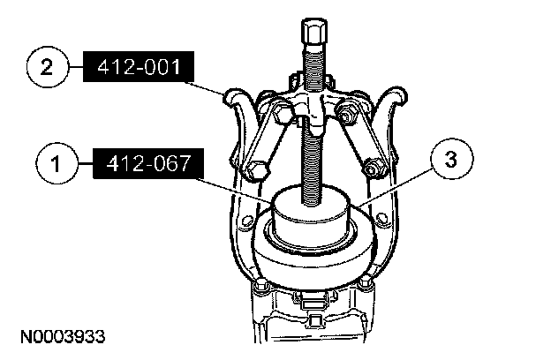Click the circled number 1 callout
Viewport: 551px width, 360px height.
tap(57, 163)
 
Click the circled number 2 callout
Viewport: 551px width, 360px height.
tap(47, 67)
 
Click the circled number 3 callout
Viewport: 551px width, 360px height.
tap(451, 159)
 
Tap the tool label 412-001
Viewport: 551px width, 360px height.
tap(139, 67)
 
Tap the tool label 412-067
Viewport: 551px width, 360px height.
tap(148, 163)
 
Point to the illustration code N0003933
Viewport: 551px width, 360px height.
tap(63, 336)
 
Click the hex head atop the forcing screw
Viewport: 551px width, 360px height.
tap(313, 31)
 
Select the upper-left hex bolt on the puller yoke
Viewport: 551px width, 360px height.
tap(282, 112)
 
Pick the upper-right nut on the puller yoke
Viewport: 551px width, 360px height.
tap(346, 112)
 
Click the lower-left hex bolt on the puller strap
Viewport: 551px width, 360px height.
tap(256, 171)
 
